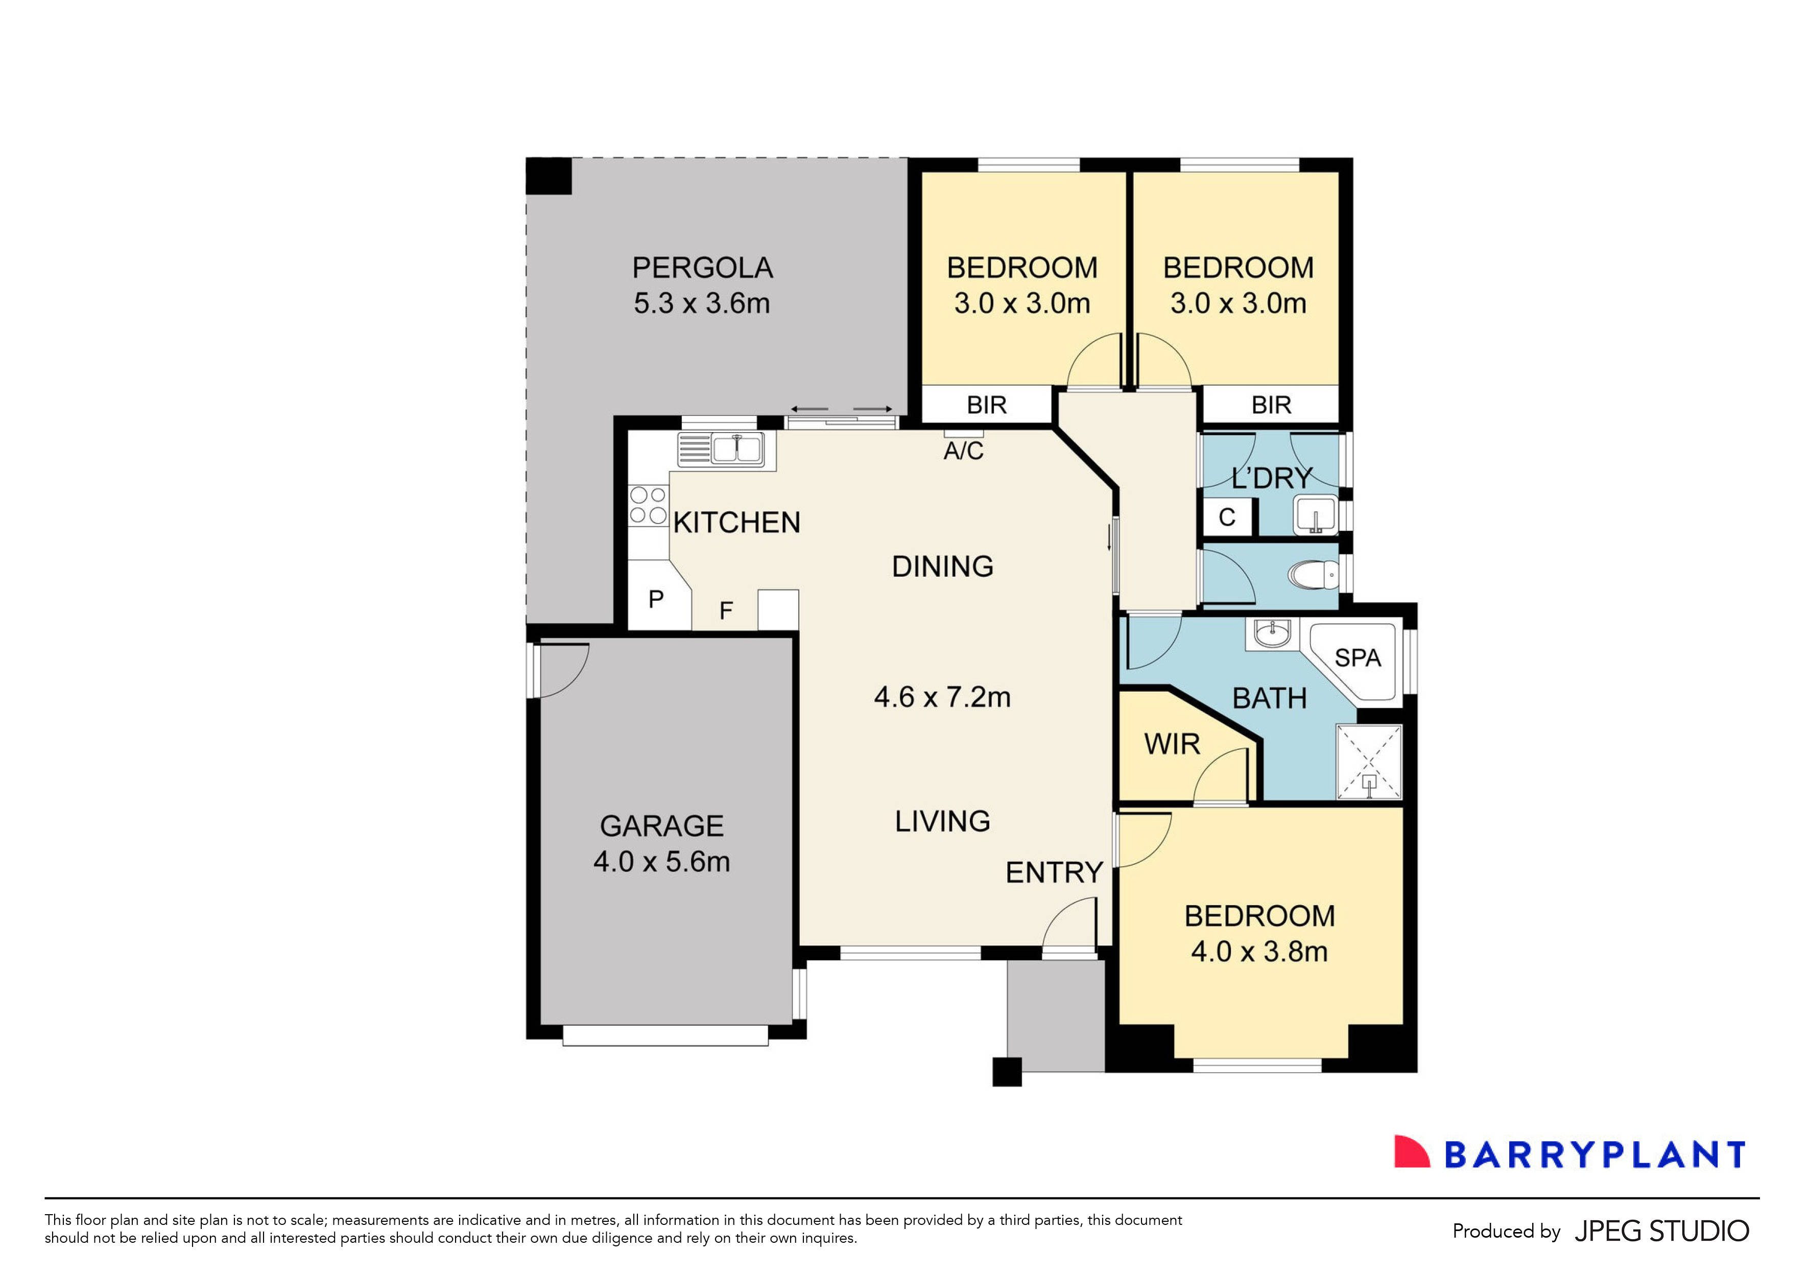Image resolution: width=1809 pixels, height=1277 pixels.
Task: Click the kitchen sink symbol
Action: click(x=736, y=449)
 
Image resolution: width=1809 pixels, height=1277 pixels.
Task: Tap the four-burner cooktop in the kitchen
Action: click(x=648, y=505)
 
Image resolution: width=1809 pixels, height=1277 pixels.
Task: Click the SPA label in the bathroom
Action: click(x=1358, y=658)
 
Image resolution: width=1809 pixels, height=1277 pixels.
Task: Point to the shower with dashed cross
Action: click(x=1369, y=761)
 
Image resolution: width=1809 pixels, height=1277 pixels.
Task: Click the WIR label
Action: click(x=1172, y=744)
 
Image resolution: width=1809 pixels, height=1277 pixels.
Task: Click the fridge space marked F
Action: click(x=726, y=610)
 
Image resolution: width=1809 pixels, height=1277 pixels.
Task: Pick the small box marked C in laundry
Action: click(x=1227, y=517)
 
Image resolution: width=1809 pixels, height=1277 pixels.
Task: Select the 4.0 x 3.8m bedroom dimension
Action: click(x=1258, y=952)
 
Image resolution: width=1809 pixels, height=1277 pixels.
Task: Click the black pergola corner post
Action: click(x=549, y=176)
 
